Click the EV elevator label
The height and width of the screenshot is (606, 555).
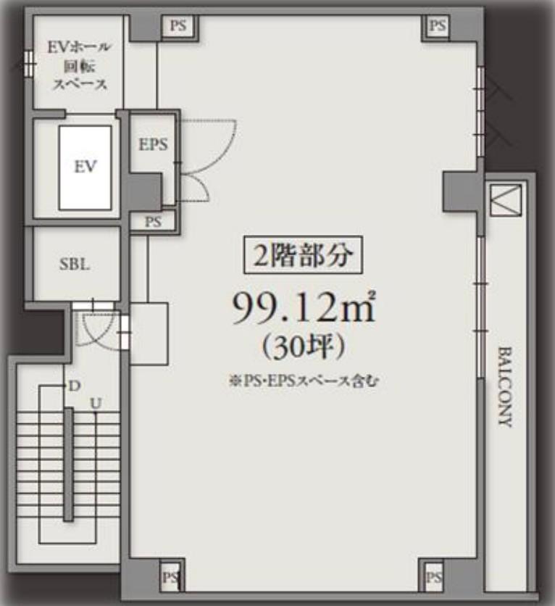pos(85,166)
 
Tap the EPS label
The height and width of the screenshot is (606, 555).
pos(152,144)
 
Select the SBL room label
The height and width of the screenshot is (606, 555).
pos(74,265)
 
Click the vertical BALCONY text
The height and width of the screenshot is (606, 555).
pos(505,386)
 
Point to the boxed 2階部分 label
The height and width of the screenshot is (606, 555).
pos(302,254)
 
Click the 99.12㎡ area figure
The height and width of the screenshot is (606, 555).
pos(303,309)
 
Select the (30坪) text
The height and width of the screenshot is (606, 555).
pos(301,349)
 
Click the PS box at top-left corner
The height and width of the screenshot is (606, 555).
pos(178,25)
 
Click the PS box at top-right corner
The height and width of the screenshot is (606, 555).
pos(436,26)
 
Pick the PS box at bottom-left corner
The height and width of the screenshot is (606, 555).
pos(170,578)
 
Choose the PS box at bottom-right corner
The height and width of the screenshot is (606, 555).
pos(434,578)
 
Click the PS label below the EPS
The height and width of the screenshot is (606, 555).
pos(153,222)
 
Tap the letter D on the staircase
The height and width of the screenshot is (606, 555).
pos(73,386)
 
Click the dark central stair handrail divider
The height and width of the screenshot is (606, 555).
pos(68,464)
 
